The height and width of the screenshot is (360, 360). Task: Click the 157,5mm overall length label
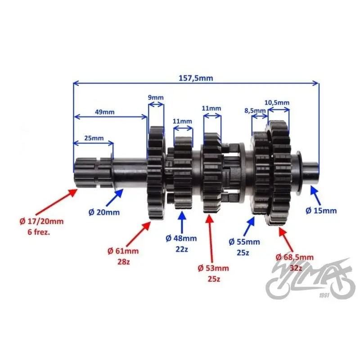coord(196,78)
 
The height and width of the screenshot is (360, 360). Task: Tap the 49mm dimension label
coord(104,112)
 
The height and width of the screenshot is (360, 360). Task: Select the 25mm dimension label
coord(94,138)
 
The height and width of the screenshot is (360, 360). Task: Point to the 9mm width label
coord(156,98)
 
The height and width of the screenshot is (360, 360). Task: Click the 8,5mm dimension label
coord(255,111)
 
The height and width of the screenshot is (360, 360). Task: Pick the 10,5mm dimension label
coord(277,103)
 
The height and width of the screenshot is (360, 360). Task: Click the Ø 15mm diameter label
coord(321,211)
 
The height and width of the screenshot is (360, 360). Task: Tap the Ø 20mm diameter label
coord(104,212)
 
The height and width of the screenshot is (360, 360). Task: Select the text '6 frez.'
coord(39,232)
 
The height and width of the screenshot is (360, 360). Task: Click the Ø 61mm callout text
coord(123,251)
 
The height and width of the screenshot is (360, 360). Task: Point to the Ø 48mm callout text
coord(181,238)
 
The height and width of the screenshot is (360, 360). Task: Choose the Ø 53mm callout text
coord(213,268)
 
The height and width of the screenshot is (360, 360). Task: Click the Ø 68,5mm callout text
coord(295,257)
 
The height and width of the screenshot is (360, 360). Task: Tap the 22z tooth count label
coord(182,249)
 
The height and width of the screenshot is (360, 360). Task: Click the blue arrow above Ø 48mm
coord(182,222)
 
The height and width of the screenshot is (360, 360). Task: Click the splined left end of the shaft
coord(93,172)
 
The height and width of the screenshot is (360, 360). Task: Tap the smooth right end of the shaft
coord(310,172)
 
